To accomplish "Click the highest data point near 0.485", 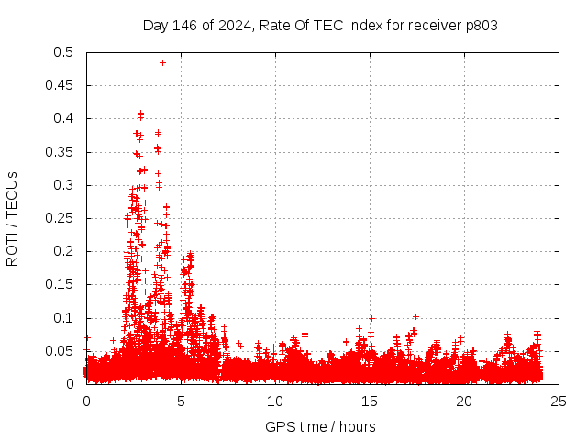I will tap(162, 62).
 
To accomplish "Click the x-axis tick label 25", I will tap(559, 401).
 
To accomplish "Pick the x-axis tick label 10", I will tap(275, 401).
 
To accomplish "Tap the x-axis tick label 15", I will tap(370, 401).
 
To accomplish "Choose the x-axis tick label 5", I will tap(181, 401).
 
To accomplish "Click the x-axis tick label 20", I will tap(465, 401).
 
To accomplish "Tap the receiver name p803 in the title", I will tap(480, 25).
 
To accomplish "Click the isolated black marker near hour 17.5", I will tap(415, 316).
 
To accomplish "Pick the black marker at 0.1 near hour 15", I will tap(371, 318).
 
